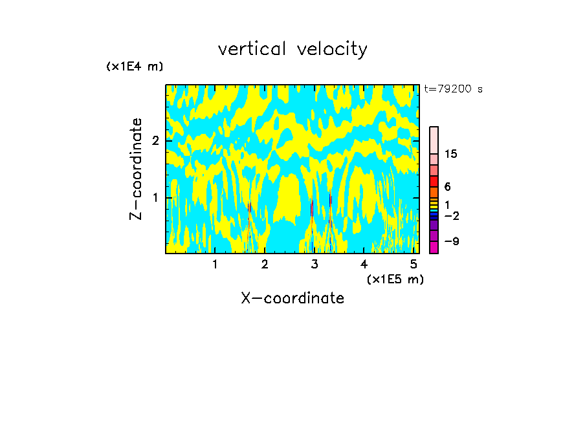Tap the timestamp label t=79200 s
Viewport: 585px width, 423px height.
click(x=453, y=89)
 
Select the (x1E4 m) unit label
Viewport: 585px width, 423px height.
click(x=135, y=67)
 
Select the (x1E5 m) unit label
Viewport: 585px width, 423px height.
click(x=395, y=279)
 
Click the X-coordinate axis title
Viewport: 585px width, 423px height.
click(x=292, y=298)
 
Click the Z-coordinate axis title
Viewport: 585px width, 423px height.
click(x=136, y=169)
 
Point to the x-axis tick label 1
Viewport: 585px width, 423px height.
click(x=215, y=264)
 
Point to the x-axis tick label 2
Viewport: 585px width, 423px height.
click(x=265, y=264)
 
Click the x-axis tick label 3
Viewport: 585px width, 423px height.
click(x=315, y=264)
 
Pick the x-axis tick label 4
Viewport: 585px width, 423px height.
click(x=364, y=264)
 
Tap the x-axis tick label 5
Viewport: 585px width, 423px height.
click(x=414, y=264)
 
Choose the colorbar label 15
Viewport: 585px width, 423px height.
click(x=451, y=154)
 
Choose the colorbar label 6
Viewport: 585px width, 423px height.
click(x=447, y=187)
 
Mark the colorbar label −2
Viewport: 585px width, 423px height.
click(x=451, y=215)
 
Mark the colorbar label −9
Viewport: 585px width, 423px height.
click(x=451, y=241)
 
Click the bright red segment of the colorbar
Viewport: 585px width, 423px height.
click(x=434, y=181)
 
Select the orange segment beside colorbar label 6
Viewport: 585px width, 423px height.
click(x=434, y=192)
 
